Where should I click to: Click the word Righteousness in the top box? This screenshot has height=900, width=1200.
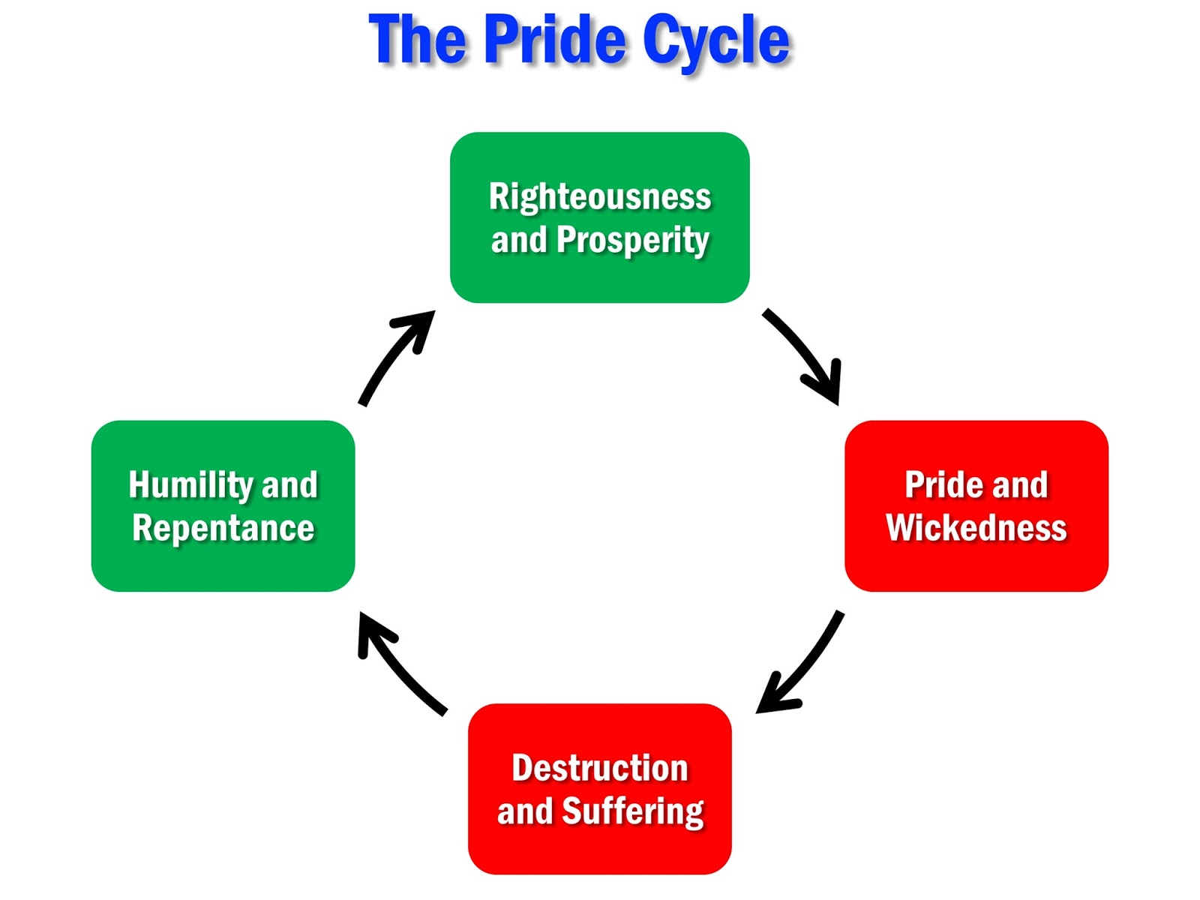pyautogui.click(x=599, y=196)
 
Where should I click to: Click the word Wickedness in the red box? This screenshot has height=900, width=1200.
pyautogui.click(x=976, y=527)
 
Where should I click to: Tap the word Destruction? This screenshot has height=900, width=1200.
pyautogui.click(x=599, y=768)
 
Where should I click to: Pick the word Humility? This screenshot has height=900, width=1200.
pyautogui.click(x=191, y=484)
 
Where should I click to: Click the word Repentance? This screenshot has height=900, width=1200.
pyautogui.click(x=223, y=528)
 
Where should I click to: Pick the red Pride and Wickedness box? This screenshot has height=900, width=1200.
pyautogui.click(x=976, y=570)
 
